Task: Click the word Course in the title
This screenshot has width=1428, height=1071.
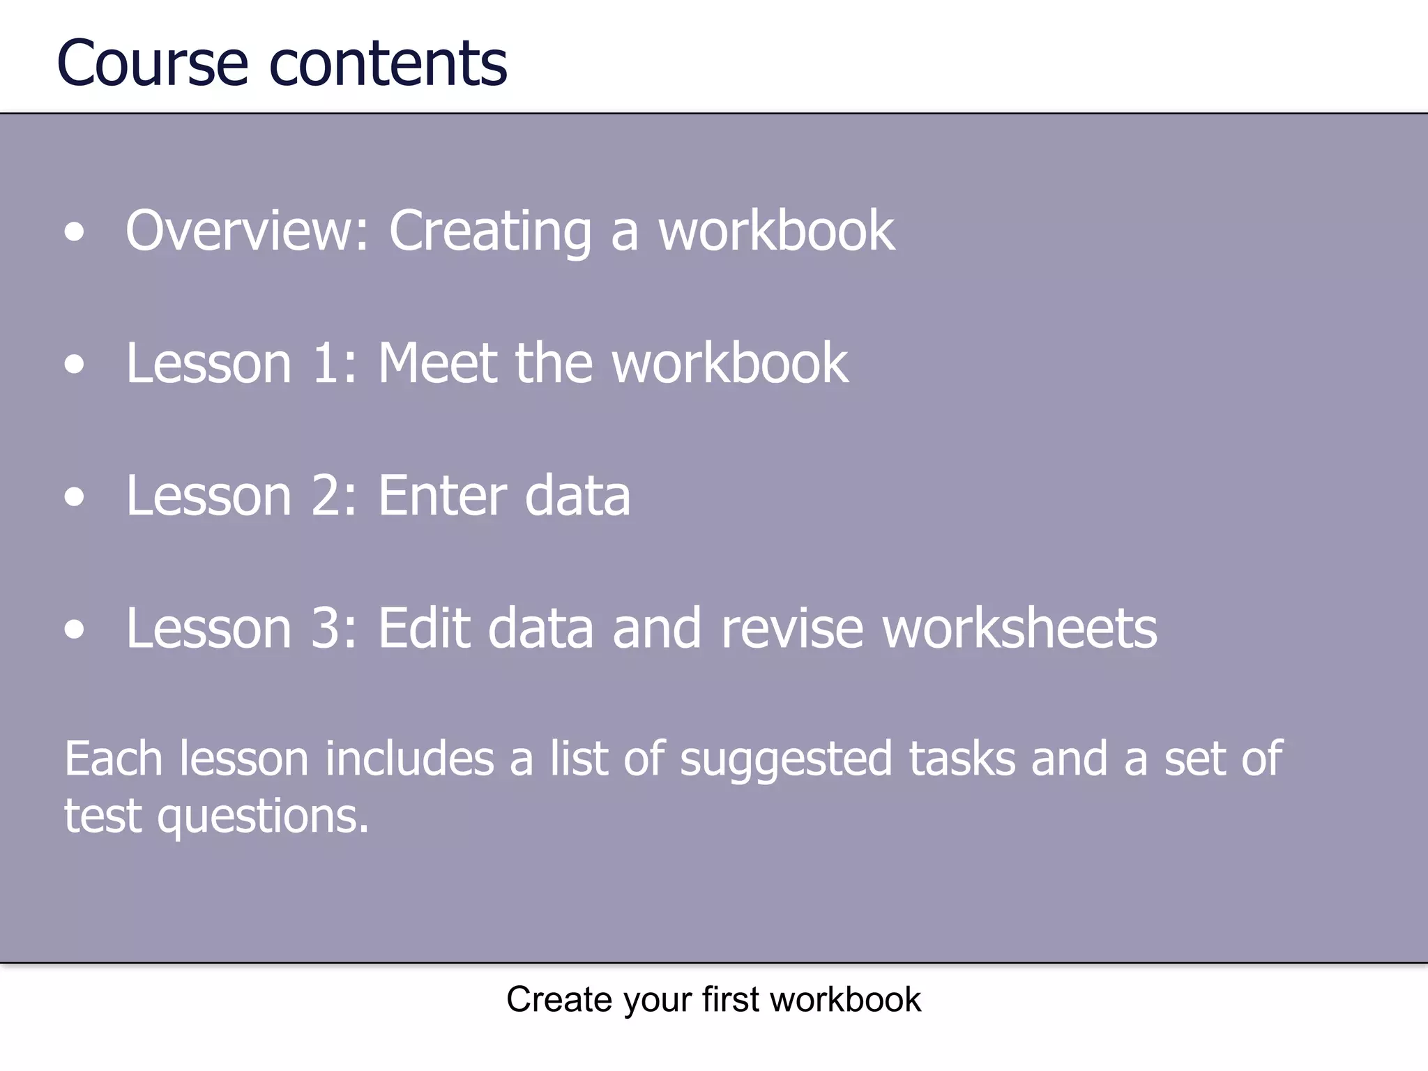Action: pos(152,64)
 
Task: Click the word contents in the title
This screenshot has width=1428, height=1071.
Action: pos(388,64)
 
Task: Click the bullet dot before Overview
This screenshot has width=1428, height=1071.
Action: pos(74,232)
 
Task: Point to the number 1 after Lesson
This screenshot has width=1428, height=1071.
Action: pos(328,363)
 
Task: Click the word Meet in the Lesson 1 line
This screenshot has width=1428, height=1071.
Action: pos(437,363)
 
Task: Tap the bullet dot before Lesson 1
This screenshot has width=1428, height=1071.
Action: pos(74,365)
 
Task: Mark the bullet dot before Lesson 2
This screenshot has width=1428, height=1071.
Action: pos(74,497)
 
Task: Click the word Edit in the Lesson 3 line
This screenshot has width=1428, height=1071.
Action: pos(424,628)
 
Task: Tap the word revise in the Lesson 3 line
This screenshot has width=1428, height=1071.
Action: pos(792,628)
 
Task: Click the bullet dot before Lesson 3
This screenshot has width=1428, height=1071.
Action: pos(74,630)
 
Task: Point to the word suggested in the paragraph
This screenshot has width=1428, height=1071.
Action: pos(786,759)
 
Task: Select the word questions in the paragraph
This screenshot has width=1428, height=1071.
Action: pos(262,816)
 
